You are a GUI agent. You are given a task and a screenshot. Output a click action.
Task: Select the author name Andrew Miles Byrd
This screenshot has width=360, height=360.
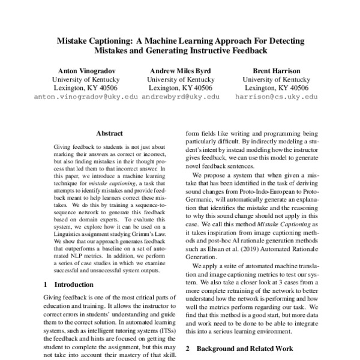(x=179, y=70)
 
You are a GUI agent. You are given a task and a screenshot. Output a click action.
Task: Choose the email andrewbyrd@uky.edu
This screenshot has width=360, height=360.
(x=180, y=96)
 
